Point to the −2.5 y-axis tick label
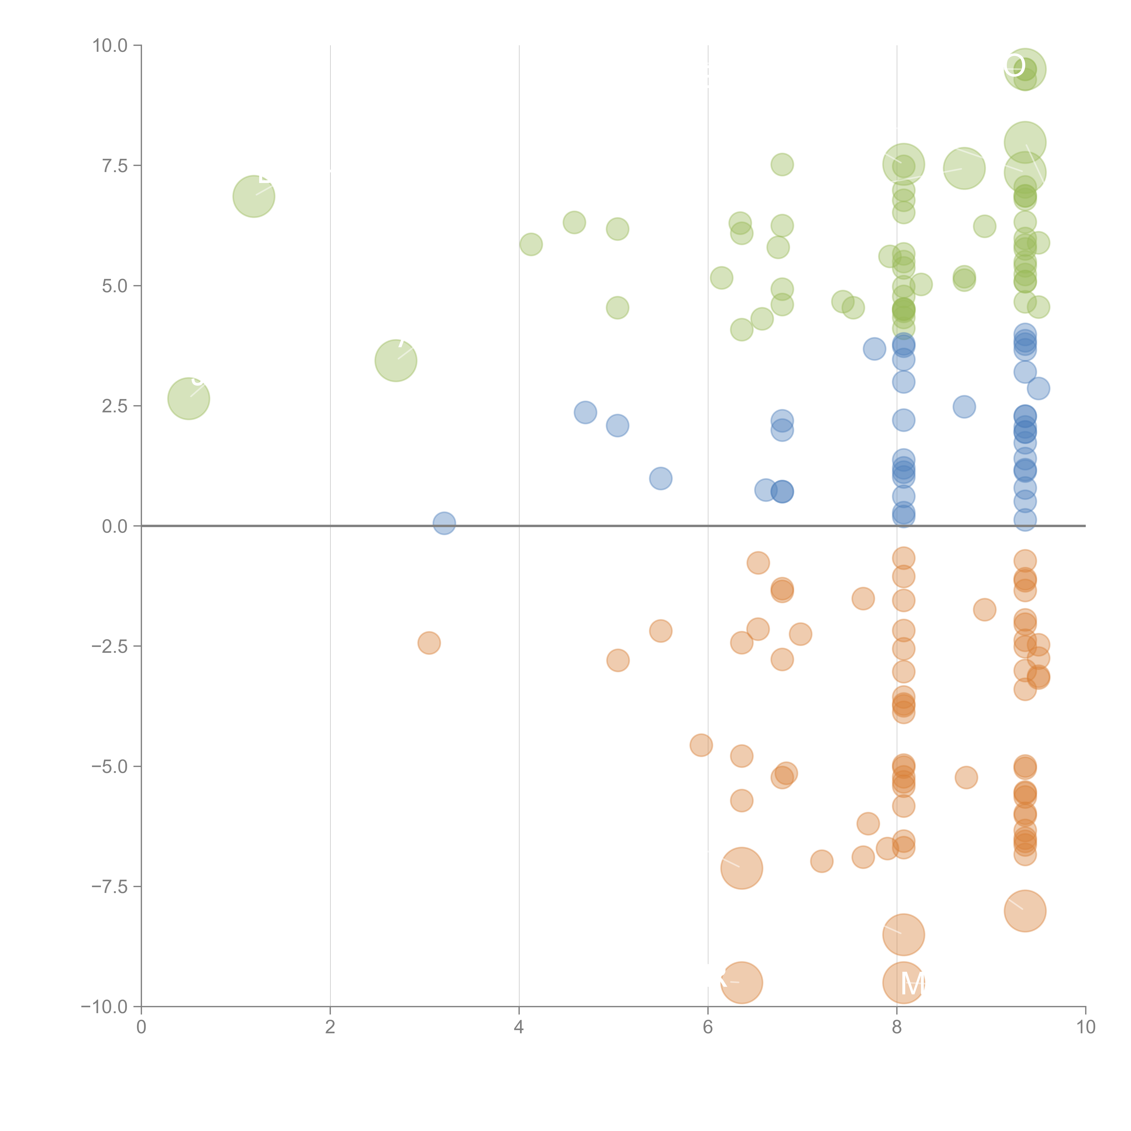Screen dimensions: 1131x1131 point(109,646)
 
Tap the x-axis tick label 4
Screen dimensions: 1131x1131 point(519,1027)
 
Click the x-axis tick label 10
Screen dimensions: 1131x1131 point(1085,1027)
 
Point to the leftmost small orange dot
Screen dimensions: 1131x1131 point(429,643)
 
